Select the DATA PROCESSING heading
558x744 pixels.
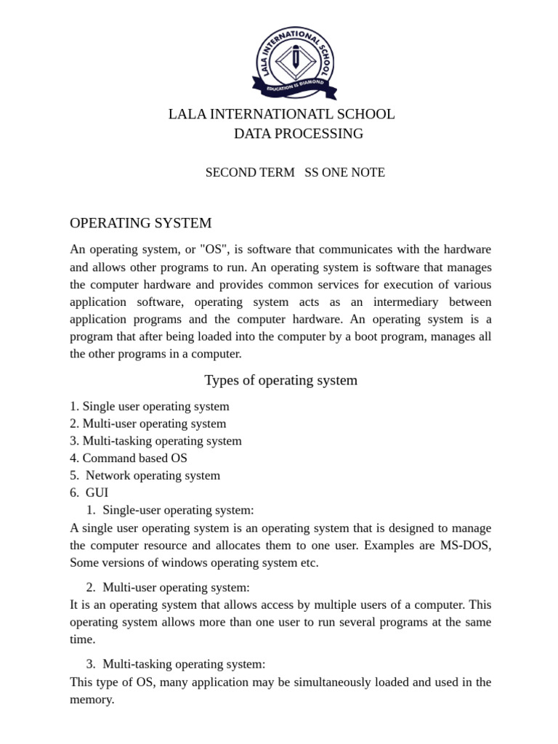299,134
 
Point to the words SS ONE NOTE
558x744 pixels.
344,172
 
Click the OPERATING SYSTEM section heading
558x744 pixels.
141,222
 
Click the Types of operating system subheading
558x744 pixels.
280,380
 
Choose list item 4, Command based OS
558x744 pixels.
129,458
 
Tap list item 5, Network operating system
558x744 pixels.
145,475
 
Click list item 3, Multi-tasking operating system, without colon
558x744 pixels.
156,440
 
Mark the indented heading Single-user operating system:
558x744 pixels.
178,510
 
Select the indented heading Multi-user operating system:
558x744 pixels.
176,587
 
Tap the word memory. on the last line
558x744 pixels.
92,699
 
